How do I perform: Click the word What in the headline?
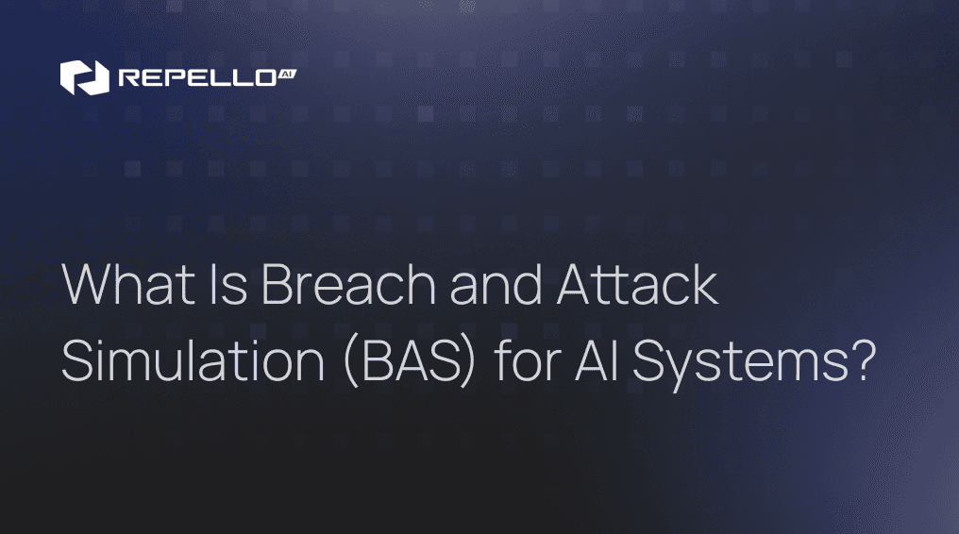122,286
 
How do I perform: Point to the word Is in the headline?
224,286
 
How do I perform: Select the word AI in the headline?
598,361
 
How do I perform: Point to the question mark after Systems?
859,361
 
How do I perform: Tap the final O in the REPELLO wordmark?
264,78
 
